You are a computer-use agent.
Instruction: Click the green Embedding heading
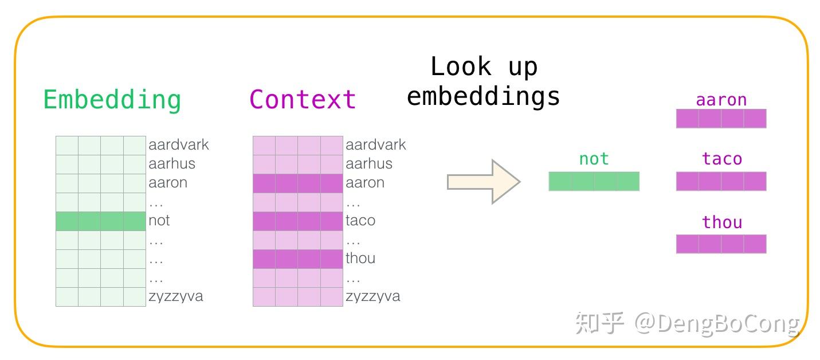(x=112, y=100)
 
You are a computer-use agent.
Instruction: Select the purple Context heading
(x=303, y=100)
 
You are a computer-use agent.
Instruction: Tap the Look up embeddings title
(x=484, y=81)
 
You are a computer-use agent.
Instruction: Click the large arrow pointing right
(x=483, y=182)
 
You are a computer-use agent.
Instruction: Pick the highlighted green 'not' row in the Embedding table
(x=101, y=221)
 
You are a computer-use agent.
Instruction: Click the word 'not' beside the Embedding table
(x=159, y=221)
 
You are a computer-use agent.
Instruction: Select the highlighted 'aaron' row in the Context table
(x=298, y=183)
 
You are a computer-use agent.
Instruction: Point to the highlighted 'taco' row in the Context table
(x=298, y=221)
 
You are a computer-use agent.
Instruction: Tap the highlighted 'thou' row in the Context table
(x=298, y=259)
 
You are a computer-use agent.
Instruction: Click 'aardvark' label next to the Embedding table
(x=179, y=144)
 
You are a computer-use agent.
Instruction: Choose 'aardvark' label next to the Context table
(x=376, y=144)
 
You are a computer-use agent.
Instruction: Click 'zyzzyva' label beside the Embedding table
(x=176, y=296)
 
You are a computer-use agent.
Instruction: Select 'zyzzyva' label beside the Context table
(x=373, y=296)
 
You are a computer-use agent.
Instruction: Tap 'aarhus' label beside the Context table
(x=369, y=164)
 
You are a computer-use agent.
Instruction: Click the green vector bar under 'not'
(x=594, y=181)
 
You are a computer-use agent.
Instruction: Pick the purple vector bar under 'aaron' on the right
(x=721, y=119)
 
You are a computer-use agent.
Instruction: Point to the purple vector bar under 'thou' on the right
(x=721, y=244)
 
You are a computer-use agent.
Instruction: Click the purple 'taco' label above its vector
(x=721, y=159)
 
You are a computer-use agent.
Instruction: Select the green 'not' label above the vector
(x=594, y=159)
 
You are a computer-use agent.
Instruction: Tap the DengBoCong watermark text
(x=716, y=323)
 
